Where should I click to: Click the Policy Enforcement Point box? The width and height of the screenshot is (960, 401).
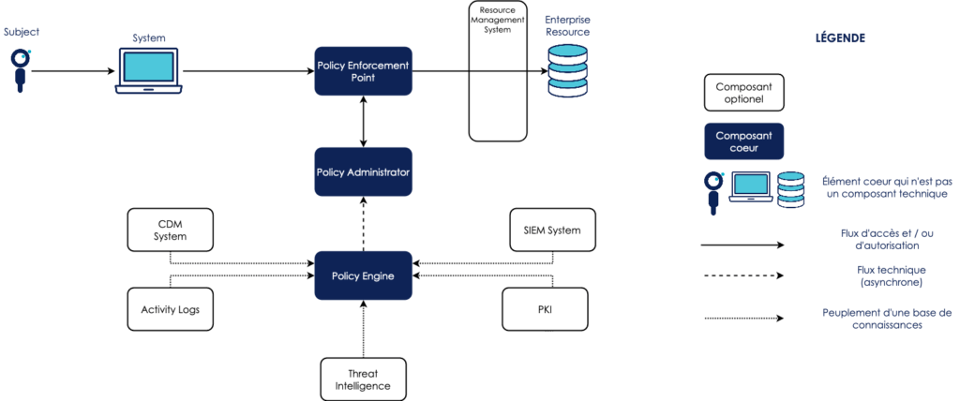click(x=363, y=70)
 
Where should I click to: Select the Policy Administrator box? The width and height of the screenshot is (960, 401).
click(x=363, y=171)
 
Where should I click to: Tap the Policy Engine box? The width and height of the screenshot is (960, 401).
click(x=363, y=275)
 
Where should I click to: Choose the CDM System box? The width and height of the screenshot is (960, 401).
click(x=171, y=230)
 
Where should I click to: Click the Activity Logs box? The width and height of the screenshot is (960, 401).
click(x=171, y=308)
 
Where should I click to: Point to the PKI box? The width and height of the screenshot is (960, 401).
click(x=545, y=308)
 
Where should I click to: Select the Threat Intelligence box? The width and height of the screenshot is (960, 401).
click(x=363, y=379)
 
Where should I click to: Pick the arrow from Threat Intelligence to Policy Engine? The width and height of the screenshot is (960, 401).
click(x=363, y=328)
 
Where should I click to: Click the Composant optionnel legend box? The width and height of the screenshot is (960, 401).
click(x=743, y=92)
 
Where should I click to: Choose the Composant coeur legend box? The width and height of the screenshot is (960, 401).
click(x=743, y=141)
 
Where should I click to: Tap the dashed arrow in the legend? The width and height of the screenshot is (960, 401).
click(x=743, y=275)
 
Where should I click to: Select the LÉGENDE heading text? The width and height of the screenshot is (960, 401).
click(x=840, y=39)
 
